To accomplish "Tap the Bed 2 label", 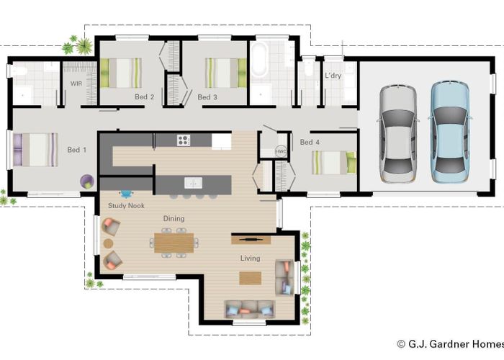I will tap(144, 96).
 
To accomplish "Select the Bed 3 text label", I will tap(207, 96).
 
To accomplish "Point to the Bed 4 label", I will tap(310, 143).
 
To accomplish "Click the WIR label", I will tap(76, 84).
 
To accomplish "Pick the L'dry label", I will tap(333, 76).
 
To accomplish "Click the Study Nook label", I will tap(126, 206).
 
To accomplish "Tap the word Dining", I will tap(174, 218).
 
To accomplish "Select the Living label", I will tap(251, 258).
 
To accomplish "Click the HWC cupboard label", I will tap(282, 152).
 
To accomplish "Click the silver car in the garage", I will tap(397, 132).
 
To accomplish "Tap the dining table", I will tap(174, 240).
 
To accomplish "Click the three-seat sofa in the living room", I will tap(250, 309).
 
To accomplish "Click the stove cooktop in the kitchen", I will tap(184, 140).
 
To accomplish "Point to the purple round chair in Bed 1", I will tap(87, 180).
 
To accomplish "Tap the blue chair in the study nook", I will tap(127, 193).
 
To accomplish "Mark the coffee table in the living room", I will tap(250, 278).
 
